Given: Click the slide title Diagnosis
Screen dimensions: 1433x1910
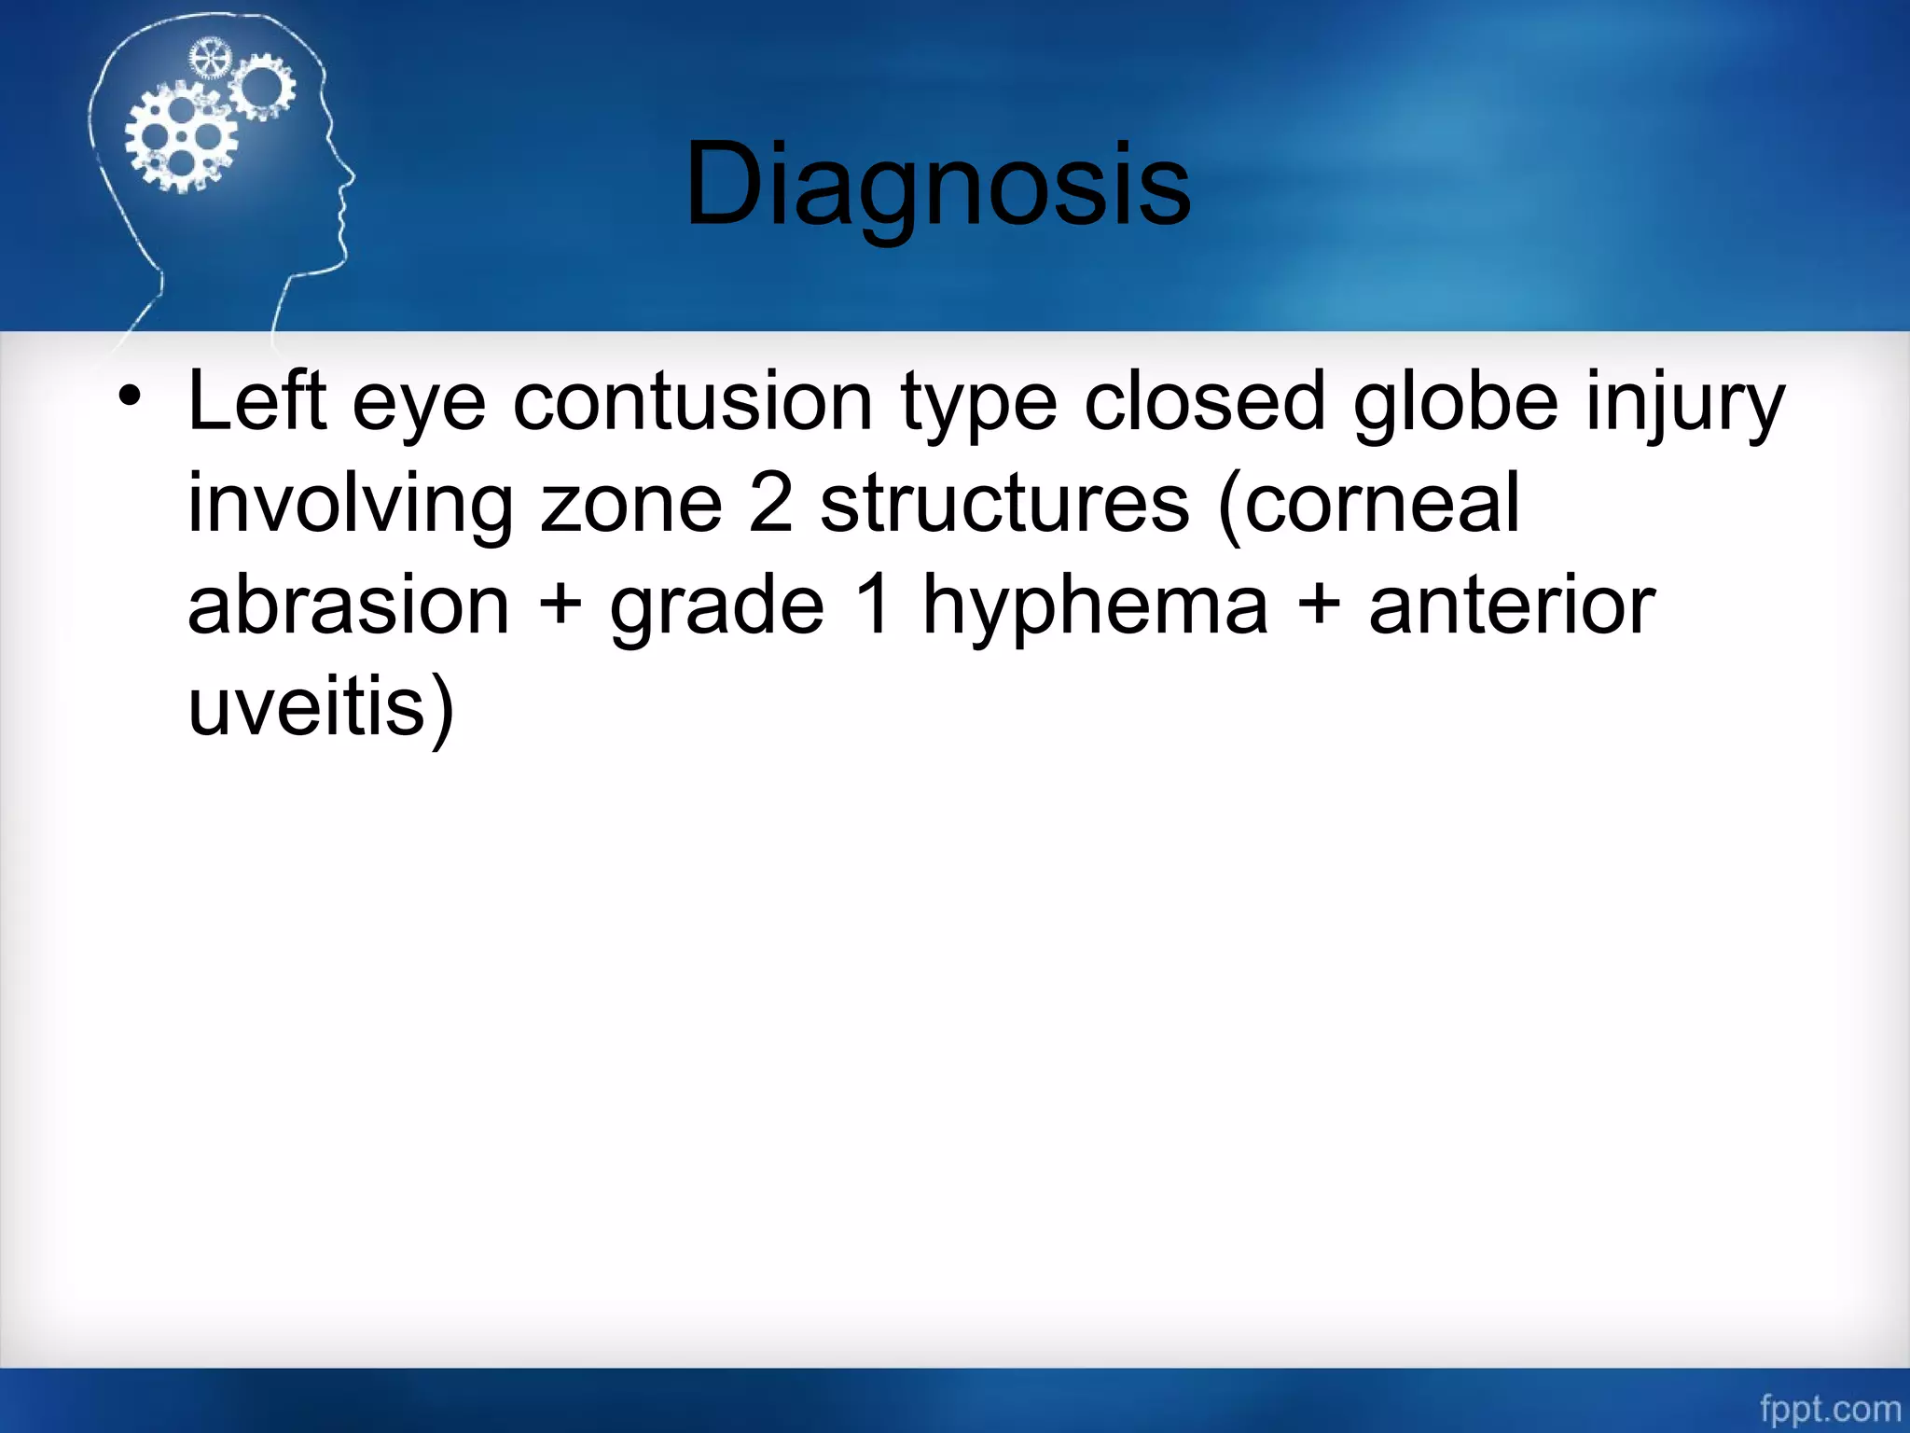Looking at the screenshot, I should tap(937, 184).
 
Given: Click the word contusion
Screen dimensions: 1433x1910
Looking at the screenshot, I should tap(692, 401).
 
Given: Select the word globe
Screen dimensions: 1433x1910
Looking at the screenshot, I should tap(1455, 401).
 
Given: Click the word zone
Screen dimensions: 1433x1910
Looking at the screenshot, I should tap(631, 504).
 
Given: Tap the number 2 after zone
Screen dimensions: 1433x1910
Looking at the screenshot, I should tap(770, 504).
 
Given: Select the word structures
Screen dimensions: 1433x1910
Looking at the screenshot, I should tap(1004, 504).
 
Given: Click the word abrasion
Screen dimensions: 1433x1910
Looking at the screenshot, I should tap(348, 605).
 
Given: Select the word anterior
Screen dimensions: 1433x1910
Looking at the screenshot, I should tap(1511, 605).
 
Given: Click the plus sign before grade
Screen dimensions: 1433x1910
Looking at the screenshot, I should tap(561, 605).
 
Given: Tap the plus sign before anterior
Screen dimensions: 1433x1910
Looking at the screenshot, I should tap(1319, 605).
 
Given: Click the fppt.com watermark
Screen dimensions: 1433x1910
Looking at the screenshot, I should tap(1829, 1409).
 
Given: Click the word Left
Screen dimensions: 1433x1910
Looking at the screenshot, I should tap(257, 401).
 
